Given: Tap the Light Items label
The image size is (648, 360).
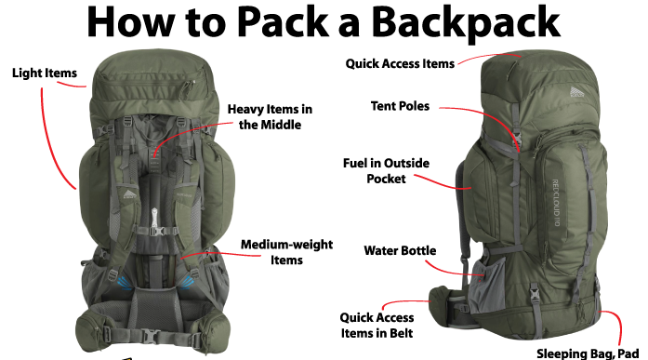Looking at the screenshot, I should (x=44, y=72).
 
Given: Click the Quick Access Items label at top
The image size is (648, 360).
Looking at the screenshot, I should (x=400, y=64).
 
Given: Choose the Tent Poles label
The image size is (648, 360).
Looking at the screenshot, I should (x=400, y=106).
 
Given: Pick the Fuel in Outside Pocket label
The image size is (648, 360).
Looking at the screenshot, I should (x=386, y=171).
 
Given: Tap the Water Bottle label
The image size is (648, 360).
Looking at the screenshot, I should (x=401, y=250).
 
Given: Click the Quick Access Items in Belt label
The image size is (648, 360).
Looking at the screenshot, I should (x=376, y=325).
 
